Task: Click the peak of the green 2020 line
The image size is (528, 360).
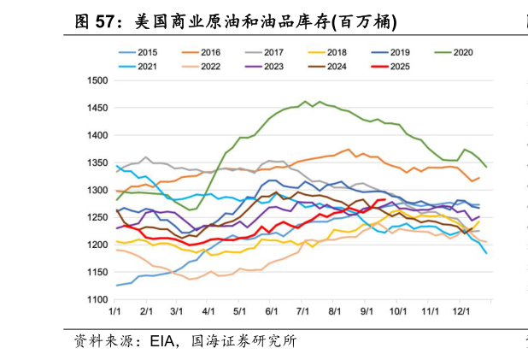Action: (306, 101)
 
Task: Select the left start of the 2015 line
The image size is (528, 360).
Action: (115, 286)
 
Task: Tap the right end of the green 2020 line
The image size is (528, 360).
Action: (486, 167)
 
